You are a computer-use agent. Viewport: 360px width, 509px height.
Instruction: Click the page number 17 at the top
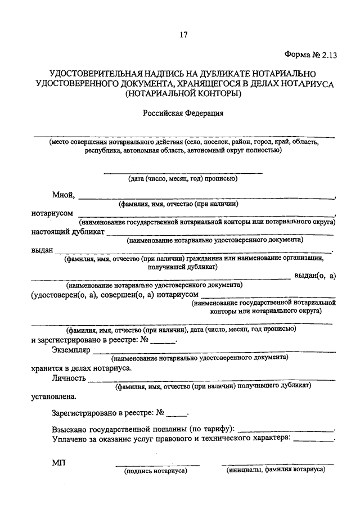183,35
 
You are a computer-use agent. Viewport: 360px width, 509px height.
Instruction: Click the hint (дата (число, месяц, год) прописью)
183,179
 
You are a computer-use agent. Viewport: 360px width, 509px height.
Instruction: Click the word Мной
64,195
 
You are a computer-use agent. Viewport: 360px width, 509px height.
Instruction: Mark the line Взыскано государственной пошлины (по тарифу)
144,428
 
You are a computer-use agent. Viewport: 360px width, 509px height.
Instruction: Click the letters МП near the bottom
58,462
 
